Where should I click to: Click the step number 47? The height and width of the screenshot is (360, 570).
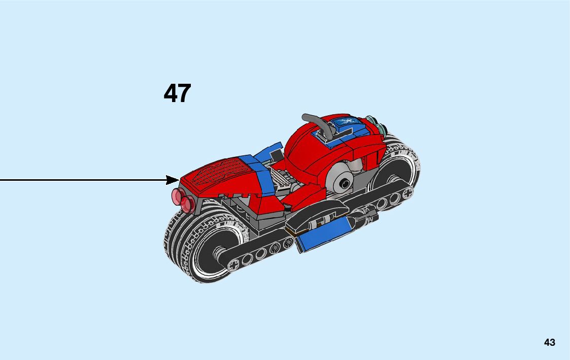point(177,93)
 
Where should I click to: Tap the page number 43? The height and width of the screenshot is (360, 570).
point(549,342)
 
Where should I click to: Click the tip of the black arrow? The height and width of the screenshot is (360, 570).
point(178,179)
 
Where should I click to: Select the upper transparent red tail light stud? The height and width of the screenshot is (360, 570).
point(178,195)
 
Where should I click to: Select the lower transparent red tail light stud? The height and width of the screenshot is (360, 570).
point(187,204)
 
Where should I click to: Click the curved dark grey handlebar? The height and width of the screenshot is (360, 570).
point(320,124)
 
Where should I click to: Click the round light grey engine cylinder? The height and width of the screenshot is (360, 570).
point(345,181)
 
